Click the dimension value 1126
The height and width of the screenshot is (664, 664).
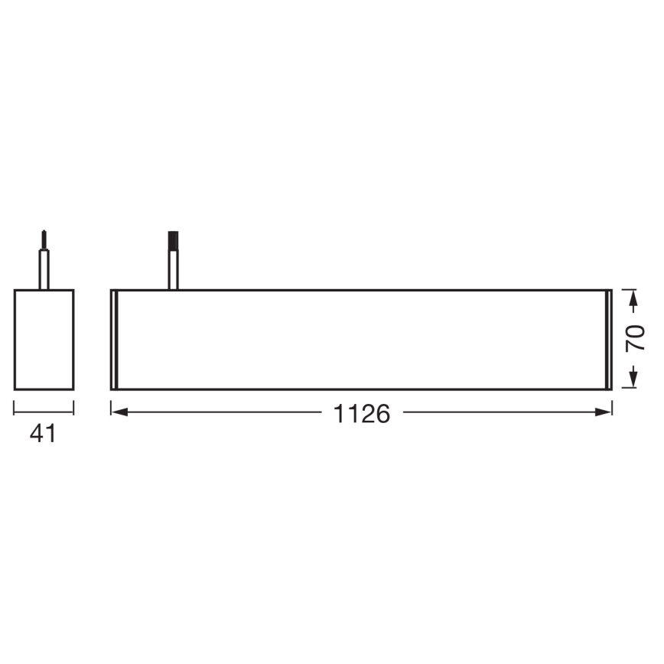click(362, 414)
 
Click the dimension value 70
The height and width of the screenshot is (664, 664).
click(635, 338)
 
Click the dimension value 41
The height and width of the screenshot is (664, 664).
click(43, 434)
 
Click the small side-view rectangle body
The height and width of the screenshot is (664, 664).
click(44, 340)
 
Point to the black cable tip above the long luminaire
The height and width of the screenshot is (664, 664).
click(174, 240)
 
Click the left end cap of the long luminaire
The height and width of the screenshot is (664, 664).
click(114, 340)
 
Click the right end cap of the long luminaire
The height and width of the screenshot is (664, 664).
click(609, 340)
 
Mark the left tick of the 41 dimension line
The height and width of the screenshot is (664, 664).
click(15, 411)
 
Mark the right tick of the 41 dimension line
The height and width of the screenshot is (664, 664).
click(73, 411)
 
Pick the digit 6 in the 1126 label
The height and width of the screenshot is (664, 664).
click(382, 414)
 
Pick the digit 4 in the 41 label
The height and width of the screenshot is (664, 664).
click(37, 434)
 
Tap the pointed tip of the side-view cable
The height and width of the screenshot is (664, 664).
click(44, 231)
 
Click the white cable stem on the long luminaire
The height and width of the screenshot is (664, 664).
click(174, 271)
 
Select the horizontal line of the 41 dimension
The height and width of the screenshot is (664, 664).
click(44, 412)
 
